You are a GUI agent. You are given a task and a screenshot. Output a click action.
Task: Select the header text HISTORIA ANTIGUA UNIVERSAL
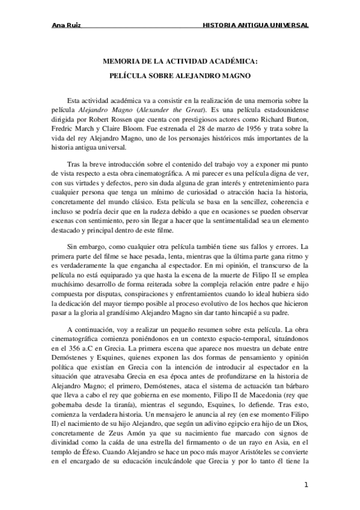[x=255, y=26]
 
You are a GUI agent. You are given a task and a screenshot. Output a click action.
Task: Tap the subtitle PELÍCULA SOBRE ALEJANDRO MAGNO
[x=180, y=76]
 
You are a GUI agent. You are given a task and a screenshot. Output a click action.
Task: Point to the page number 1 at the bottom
[x=306, y=485]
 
